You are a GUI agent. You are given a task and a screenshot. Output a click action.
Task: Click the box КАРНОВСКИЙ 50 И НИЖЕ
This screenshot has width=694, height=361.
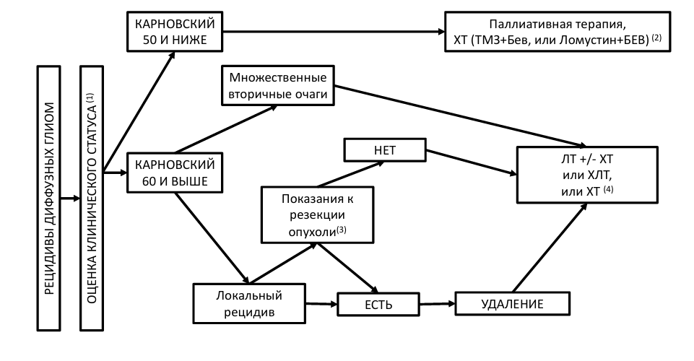click(175, 32)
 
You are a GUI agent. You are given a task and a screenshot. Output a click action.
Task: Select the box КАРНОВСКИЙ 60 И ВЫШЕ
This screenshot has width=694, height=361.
click(175, 173)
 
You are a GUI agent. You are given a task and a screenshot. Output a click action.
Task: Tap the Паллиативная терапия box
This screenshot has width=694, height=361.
click(558, 32)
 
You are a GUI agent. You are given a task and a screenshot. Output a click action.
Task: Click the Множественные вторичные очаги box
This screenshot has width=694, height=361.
click(278, 86)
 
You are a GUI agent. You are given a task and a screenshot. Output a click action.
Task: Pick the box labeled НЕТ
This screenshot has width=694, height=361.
click(385, 150)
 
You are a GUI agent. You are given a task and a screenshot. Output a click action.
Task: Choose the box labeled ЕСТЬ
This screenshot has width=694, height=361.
click(378, 305)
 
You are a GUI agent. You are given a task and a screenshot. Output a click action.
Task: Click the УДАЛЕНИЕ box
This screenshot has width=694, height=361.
click(513, 303)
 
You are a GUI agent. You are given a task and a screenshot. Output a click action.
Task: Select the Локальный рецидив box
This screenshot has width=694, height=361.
click(249, 303)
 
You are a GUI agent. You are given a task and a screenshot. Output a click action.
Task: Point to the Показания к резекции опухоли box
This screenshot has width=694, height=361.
click(317, 215)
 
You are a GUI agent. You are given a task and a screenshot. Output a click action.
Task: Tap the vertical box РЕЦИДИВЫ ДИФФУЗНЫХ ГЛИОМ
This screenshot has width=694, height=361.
click(48, 199)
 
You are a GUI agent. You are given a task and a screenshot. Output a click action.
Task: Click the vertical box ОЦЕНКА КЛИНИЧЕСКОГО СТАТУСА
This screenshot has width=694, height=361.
click(92, 199)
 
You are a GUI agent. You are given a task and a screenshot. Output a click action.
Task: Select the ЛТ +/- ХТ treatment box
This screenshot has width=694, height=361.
click(587, 175)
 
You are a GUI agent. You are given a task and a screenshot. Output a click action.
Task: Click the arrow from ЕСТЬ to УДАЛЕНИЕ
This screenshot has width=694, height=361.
click(438, 304)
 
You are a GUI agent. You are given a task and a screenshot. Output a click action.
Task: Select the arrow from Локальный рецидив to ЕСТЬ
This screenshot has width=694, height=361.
click(322, 304)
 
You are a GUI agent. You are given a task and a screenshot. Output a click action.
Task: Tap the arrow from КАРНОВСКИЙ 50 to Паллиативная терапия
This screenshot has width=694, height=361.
click(334, 32)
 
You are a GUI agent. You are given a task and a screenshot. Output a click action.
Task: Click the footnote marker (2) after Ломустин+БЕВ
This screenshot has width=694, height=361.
click(656, 38)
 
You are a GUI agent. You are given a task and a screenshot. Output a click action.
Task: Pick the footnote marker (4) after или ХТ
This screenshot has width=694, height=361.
click(609, 190)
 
